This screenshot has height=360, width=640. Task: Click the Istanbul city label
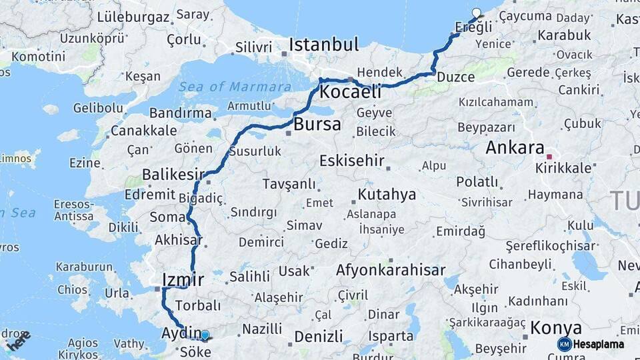[323, 45]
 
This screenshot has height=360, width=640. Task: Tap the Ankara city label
[515, 148]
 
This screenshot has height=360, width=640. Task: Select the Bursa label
[317, 124]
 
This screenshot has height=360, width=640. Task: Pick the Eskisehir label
[352, 161]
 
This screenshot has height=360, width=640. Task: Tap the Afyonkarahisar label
[391, 271]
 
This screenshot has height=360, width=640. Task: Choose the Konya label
[556, 328]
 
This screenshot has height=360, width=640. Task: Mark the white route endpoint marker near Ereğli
[476, 12]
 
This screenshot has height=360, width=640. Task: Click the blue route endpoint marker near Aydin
[205, 335]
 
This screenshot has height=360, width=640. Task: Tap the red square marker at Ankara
[549, 157]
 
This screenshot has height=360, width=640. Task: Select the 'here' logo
[18, 341]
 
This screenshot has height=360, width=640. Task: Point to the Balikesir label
[173, 175]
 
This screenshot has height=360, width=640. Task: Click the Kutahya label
[387, 195]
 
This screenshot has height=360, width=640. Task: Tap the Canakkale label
[144, 130]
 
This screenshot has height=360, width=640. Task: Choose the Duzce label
[455, 77]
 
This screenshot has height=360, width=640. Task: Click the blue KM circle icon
[565, 344]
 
